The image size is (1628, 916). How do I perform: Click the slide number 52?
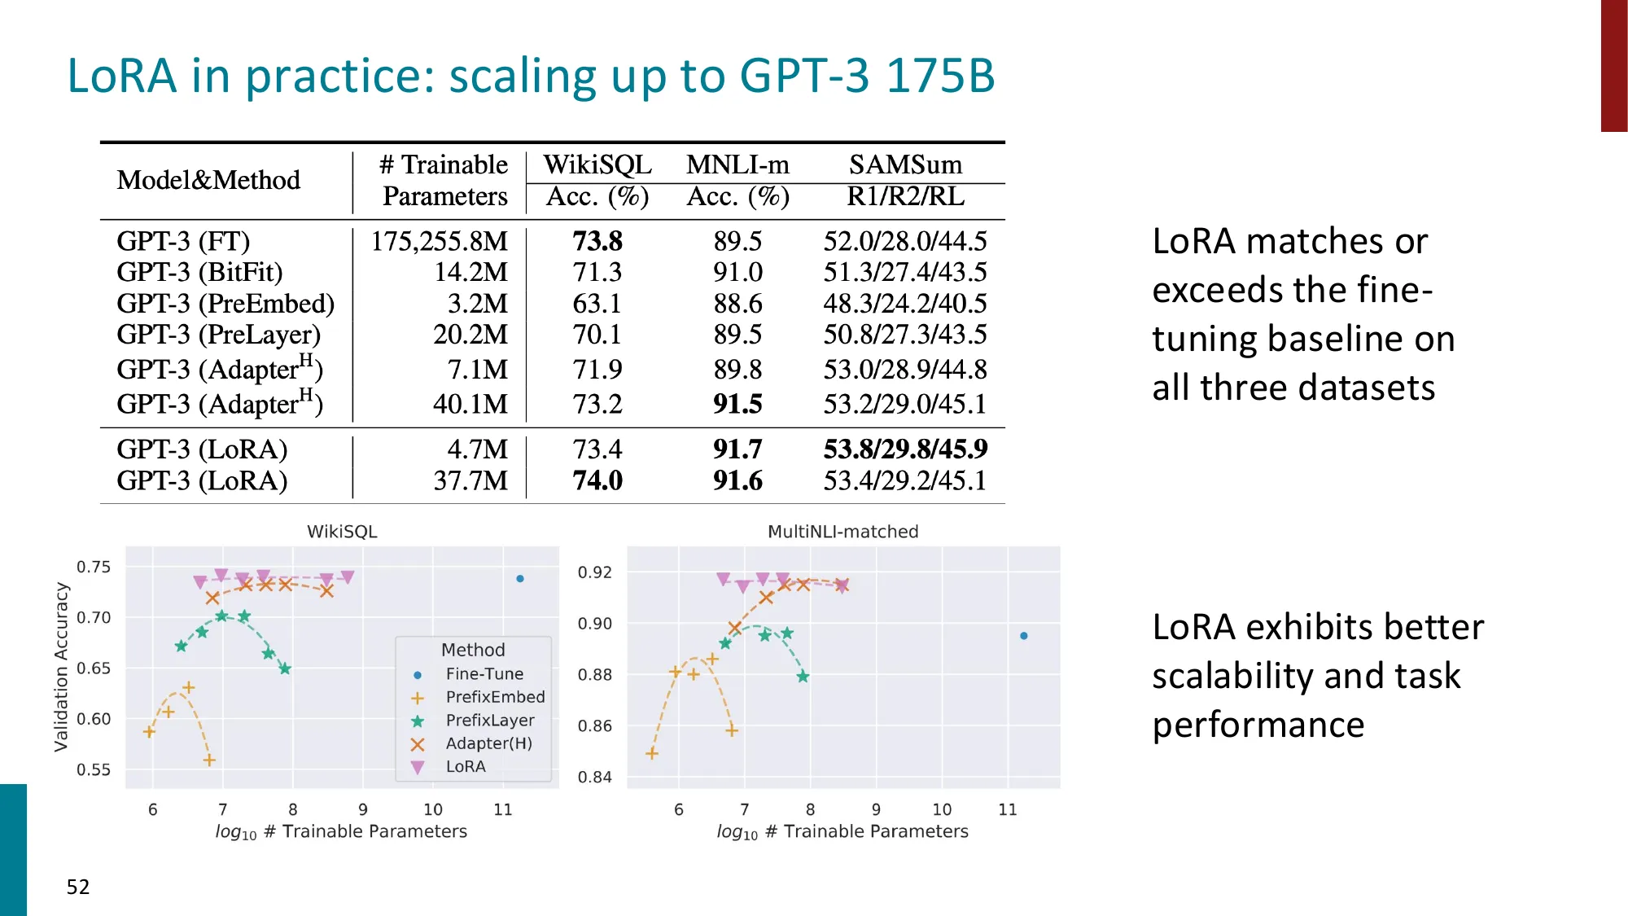click(x=78, y=887)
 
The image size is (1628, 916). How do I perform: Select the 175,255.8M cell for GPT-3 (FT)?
click(x=439, y=241)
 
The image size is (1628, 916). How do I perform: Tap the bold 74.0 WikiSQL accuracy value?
click(x=597, y=480)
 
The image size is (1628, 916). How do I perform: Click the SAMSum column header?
click(x=905, y=164)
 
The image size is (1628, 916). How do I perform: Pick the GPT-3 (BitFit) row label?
click(x=199, y=272)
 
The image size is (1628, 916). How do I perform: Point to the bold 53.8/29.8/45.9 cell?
click(x=905, y=449)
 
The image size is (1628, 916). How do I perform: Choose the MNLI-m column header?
click(x=737, y=164)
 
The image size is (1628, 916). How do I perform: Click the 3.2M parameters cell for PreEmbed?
click(x=477, y=304)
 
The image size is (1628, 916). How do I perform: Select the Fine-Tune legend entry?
click(x=484, y=674)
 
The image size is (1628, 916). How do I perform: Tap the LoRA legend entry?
click(x=465, y=767)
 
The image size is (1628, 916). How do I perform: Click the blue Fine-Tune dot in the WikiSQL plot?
click(x=520, y=579)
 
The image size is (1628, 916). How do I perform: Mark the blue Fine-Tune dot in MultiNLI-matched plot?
click(x=1024, y=636)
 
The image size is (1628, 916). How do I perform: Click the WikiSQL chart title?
click(x=342, y=532)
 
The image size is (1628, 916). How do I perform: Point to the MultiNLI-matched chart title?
click(x=842, y=532)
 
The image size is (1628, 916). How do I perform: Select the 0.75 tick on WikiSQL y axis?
click(x=94, y=567)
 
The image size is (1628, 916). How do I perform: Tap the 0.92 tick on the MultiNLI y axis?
click(x=594, y=572)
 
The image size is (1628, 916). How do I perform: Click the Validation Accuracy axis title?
click(x=61, y=666)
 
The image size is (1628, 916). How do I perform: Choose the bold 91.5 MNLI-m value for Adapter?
click(x=737, y=404)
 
